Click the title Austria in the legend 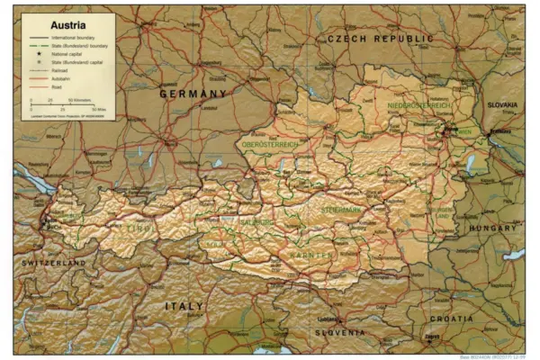click(x=47, y=24)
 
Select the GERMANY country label click(x=193, y=93)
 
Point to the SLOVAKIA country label click(x=502, y=104)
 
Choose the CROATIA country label click(x=451, y=319)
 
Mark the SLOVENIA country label click(x=339, y=332)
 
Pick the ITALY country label click(x=184, y=306)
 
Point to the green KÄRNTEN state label click(x=310, y=255)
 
